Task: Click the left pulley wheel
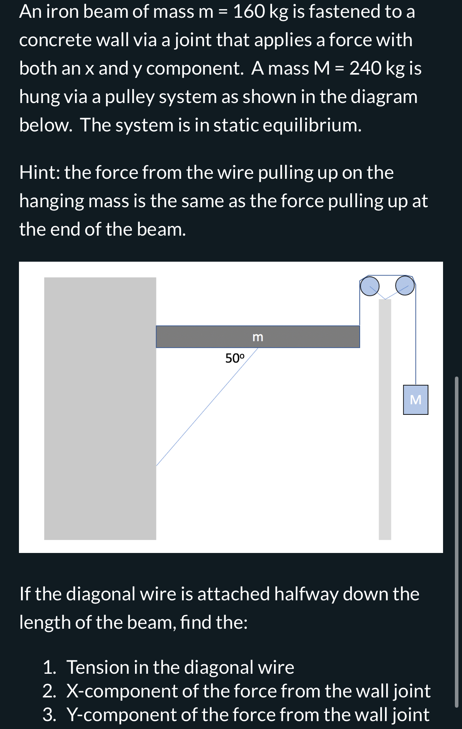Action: pos(370,286)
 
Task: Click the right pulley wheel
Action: pos(405,285)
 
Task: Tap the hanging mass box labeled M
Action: pos(415,399)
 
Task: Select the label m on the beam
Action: pos(257,337)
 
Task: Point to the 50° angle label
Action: pos(235,358)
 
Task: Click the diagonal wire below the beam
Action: pos(205,409)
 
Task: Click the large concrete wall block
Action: pos(100,409)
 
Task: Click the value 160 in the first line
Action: pos(249,11)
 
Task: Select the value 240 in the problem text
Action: pos(365,68)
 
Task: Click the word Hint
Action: pos(38,172)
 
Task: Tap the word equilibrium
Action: pos(312,125)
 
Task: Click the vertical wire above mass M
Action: pos(415,339)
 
